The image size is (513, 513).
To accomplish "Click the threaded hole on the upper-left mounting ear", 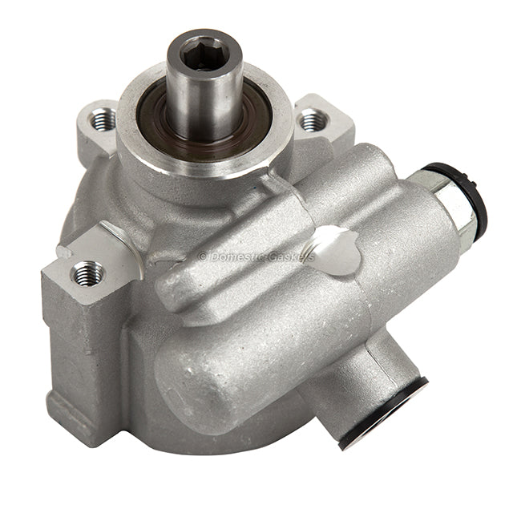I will click(x=103, y=120).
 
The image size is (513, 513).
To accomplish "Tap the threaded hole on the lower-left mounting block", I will click(x=88, y=274).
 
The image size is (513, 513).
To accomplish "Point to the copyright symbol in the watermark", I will click(x=203, y=256).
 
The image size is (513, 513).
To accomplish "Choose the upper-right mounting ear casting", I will click(x=329, y=120).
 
